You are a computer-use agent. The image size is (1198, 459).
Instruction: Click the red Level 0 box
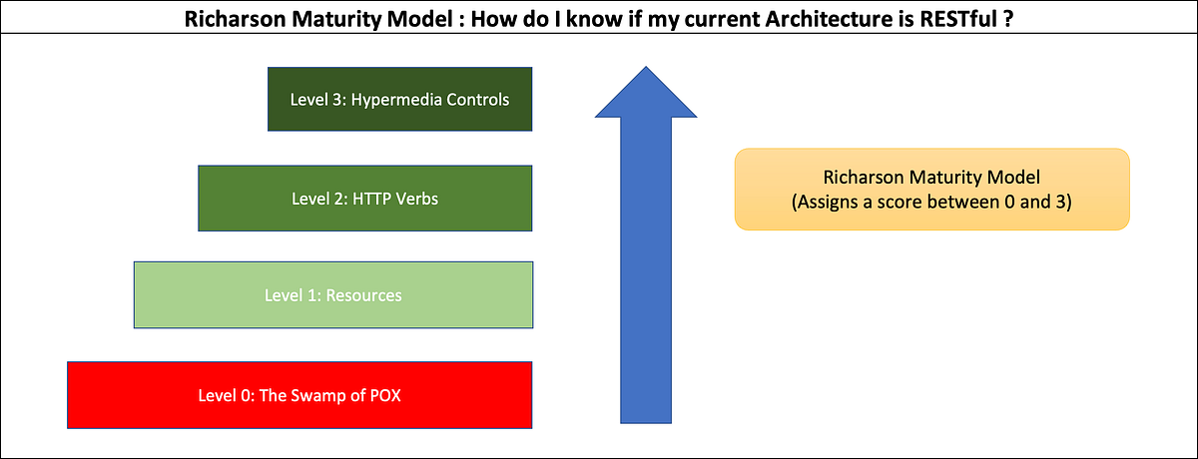tap(299, 394)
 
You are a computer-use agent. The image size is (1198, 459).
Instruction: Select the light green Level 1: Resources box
tap(332, 295)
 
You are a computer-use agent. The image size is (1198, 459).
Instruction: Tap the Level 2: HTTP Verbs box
tap(364, 199)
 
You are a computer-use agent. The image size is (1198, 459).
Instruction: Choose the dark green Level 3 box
tap(399, 100)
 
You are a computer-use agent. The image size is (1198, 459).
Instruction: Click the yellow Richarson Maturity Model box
tap(931, 190)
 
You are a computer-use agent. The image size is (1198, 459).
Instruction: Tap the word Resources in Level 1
tap(365, 295)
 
